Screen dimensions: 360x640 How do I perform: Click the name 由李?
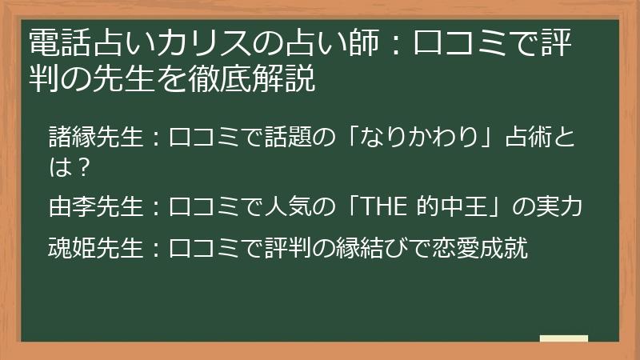[x=69, y=207]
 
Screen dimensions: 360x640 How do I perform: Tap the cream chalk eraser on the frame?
[x=563, y=339]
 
